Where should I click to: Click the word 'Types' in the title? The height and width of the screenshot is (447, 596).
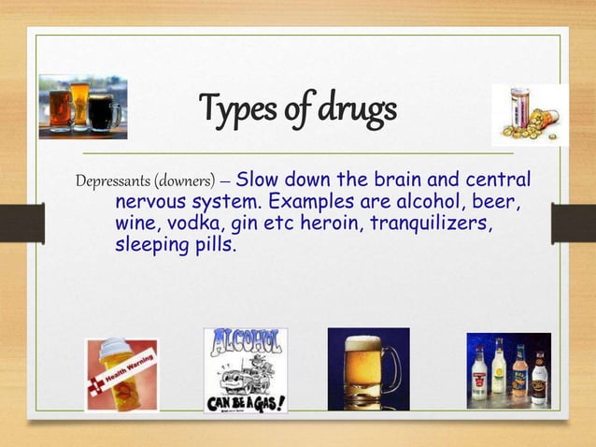pos(233,110)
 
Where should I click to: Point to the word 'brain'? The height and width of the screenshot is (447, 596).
pos(401,180)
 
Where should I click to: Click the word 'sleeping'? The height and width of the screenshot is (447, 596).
pos(149,247)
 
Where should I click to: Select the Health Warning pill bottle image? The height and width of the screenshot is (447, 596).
pos(121,375)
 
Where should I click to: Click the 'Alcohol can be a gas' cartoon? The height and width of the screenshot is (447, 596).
pos(245,370)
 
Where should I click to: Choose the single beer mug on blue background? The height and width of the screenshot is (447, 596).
pos(368,368)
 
